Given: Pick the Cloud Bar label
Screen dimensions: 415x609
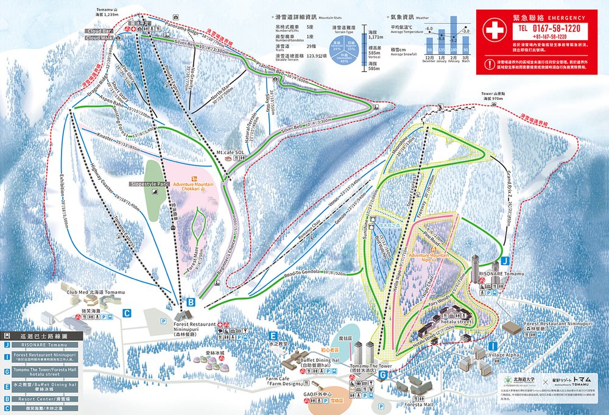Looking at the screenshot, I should click(x=99, y=30).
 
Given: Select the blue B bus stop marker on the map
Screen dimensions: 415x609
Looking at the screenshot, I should click(x=191, y=302).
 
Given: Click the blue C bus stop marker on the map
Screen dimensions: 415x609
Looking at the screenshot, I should click(x=127, y=313).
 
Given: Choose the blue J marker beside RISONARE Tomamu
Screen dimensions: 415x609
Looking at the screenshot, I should click(x=505, y=261).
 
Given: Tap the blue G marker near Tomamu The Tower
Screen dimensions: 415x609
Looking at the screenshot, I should click(x=382, y=375).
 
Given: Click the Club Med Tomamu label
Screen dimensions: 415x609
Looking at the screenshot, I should click(x=95, y=293).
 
